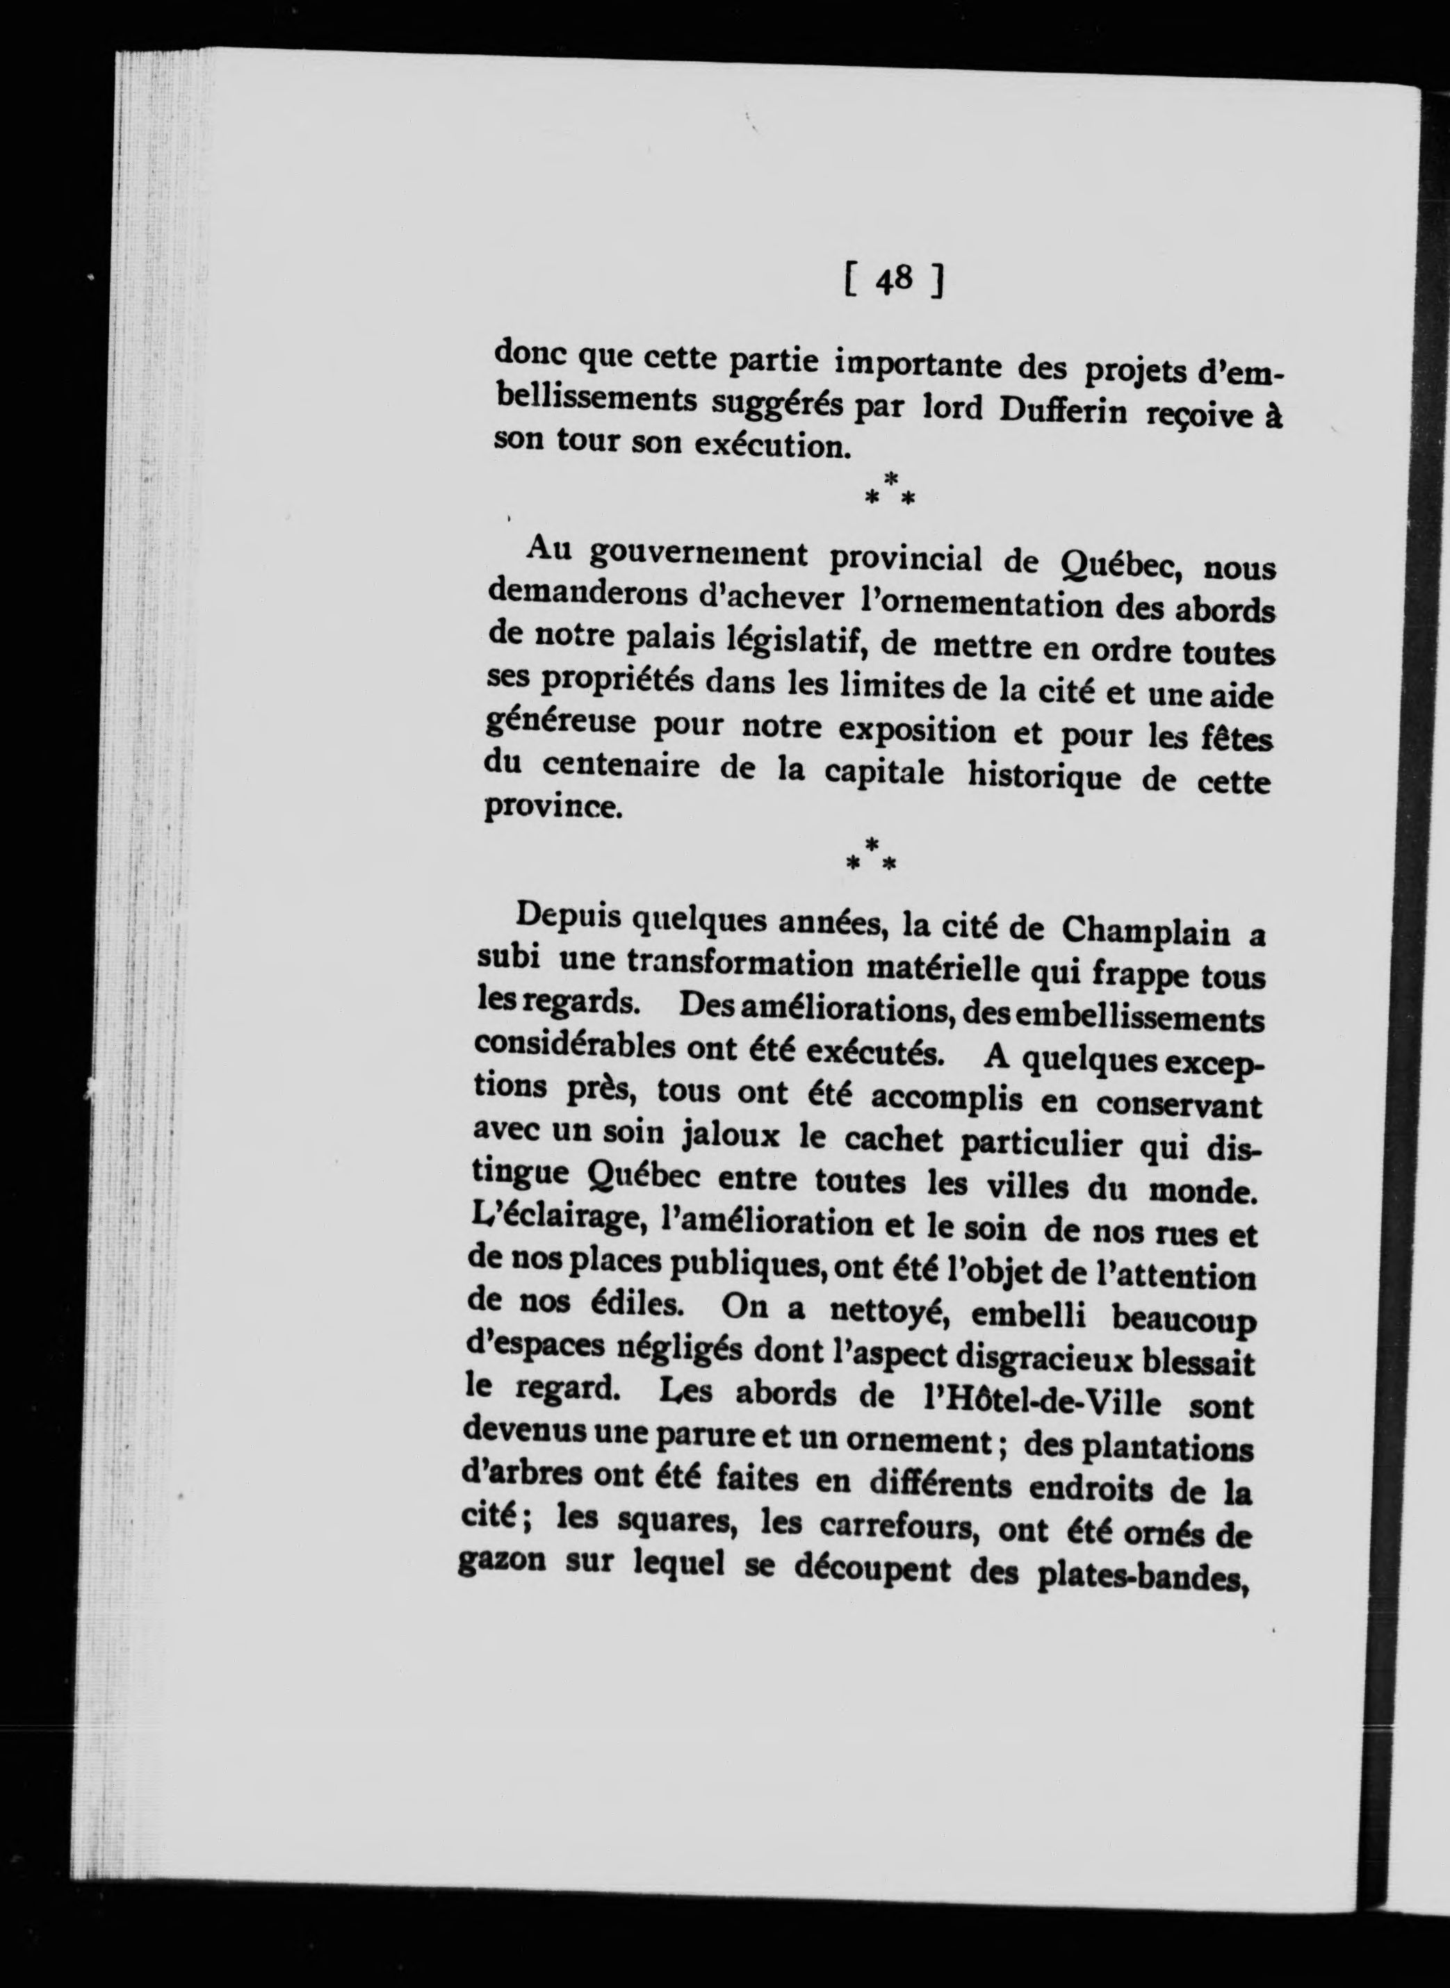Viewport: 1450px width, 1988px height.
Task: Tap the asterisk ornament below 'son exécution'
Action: pyautogui.click(x=890, y=490)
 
